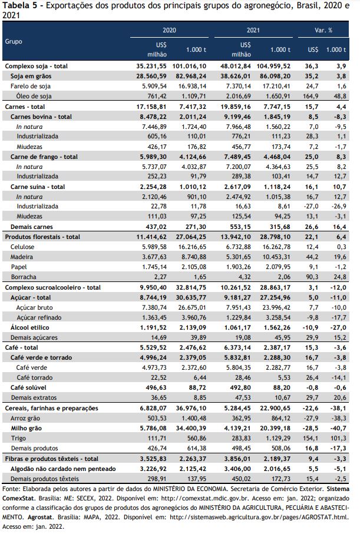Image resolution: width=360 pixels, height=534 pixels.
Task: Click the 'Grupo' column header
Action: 14,42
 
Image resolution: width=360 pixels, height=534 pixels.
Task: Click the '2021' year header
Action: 253,30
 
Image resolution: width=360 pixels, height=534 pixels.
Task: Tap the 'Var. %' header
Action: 323,30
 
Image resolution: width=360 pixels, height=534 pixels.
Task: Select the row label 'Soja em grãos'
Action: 31,76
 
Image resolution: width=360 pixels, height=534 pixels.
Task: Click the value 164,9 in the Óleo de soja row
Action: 311,96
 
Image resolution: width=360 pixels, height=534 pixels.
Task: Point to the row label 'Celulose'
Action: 22,247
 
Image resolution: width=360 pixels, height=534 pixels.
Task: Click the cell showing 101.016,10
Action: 189,66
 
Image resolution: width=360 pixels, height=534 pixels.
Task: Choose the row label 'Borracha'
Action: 24,277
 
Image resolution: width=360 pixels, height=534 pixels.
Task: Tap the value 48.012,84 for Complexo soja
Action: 236,66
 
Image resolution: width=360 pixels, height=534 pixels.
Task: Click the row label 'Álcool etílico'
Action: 29,327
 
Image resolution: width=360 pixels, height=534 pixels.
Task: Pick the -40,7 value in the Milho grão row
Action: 338,428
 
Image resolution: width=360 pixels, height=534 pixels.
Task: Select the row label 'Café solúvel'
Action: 28,387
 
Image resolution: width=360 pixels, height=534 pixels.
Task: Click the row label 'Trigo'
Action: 18,438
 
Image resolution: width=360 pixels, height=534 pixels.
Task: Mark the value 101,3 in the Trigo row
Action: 339,438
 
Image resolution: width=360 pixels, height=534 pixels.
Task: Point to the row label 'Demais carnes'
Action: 32,227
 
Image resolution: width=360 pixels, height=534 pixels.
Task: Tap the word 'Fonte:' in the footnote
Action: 11,489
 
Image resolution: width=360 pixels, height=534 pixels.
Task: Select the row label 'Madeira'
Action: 21,257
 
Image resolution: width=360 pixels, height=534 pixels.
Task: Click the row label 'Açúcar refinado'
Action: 39,317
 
